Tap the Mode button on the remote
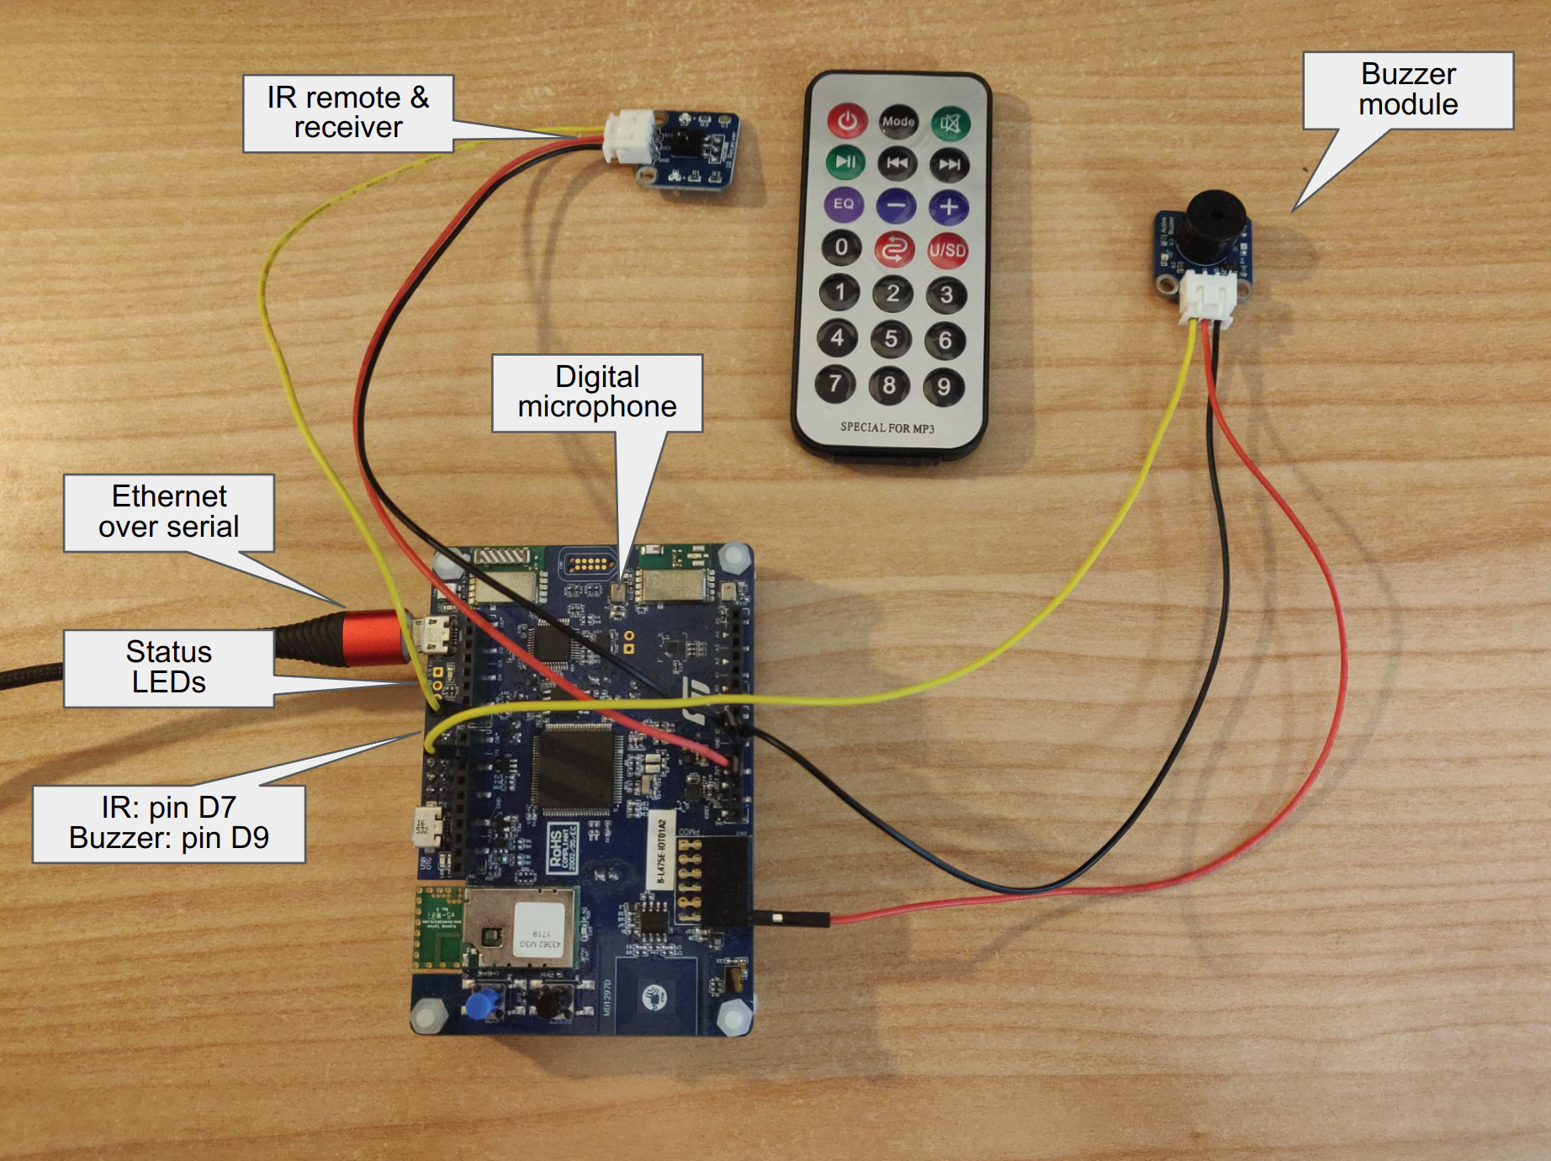[898, 121]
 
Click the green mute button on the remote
[950, 124]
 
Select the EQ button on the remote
[844, 204]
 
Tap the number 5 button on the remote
[891, 339]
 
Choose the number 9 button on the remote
[943, 386]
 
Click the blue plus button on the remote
[949, 206]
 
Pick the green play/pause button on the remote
[845, 162]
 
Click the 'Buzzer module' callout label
[1408, 90]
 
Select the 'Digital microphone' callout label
[597, 392]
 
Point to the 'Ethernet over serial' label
[169, 512]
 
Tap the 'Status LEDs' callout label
[169, 667]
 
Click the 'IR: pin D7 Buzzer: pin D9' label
[169, 824]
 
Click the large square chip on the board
[575, 767]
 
